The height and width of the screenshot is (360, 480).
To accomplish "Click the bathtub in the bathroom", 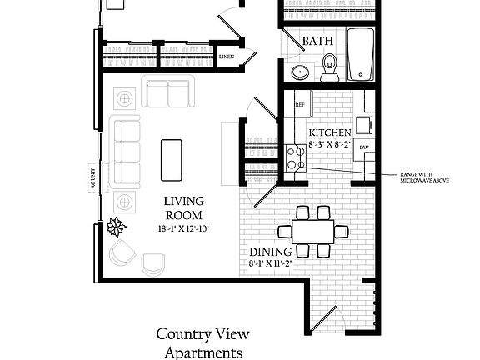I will tap(361, 55).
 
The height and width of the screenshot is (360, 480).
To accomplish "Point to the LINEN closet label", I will tap(226, 57).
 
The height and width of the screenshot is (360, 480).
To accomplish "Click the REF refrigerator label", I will tap(299, 105).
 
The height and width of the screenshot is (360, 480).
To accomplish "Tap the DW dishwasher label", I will tap(364, 147).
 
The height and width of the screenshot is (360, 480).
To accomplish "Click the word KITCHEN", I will tap(331, 132).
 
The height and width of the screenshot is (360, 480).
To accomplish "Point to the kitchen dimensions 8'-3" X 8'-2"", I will tap(331, 144).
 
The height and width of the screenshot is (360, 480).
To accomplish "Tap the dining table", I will tap(312, 230).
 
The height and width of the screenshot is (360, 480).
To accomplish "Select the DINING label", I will tap(269, 252).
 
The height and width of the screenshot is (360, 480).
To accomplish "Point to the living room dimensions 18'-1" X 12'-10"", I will tap(182, 228).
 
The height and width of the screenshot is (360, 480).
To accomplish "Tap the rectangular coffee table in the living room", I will tap(172, 158).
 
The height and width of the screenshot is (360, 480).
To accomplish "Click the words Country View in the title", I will tap(202, 334).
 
